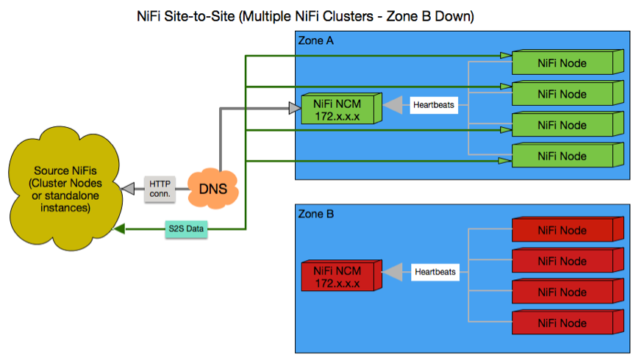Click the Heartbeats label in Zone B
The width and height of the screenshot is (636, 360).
pyautogui.click(x=435, y=272)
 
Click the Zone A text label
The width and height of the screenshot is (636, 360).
pyautogui.click(x=315, y=41)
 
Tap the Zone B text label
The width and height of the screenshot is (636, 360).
pyautogui.click(x=315, y=215)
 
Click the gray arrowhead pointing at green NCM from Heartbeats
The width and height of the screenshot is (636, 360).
pyautogui.click(x=396, y=106)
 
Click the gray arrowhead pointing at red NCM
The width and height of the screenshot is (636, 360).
pyautogui.click(x=396, y=272)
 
